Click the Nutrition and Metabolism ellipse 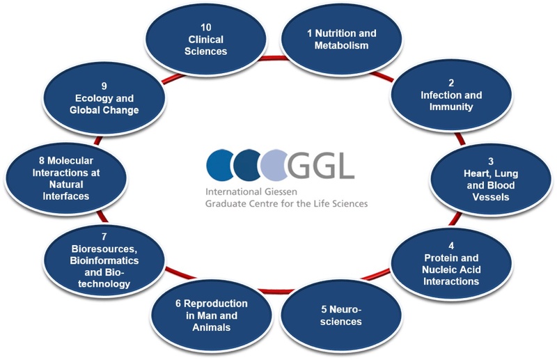click(x=341, y=40)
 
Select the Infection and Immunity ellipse click(x=451, y=95)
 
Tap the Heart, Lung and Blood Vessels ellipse click(x=491, y=180)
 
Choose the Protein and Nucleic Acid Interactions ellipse click(x=451, y=264)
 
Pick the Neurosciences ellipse click(x=341, y=315)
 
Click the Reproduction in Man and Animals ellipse click(x=212, y=315)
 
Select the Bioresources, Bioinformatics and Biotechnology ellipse click(x=104, y=260)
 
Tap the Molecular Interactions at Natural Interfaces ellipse click(x=66, y=178)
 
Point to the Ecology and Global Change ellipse click(x=104, y=98)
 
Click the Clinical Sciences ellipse click(x=206, y=40)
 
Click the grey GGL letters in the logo click(x=320, y=165)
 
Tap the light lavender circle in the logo click(x=273, y=164)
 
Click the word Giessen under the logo click(x=281, y=192)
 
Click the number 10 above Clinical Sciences click(x=206, y=27)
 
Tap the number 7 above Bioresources click(x=104, y=237)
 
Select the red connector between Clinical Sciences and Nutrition click(x=273, y=58)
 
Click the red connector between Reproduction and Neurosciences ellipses click(x=276, y=291)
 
